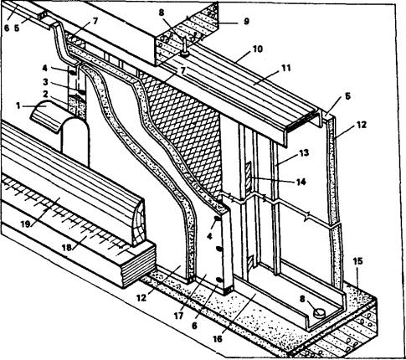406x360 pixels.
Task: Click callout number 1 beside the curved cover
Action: (18, 106)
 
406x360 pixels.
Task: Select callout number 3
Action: (45, 82)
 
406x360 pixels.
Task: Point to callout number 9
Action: (246, 22)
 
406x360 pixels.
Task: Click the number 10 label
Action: (257, 49)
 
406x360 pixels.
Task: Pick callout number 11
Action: (285, 68)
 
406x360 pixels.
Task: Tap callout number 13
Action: (305, 153)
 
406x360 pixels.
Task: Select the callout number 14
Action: (301, 182)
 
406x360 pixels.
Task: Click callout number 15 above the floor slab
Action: (357, 261)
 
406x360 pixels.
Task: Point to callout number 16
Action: (218, 339)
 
